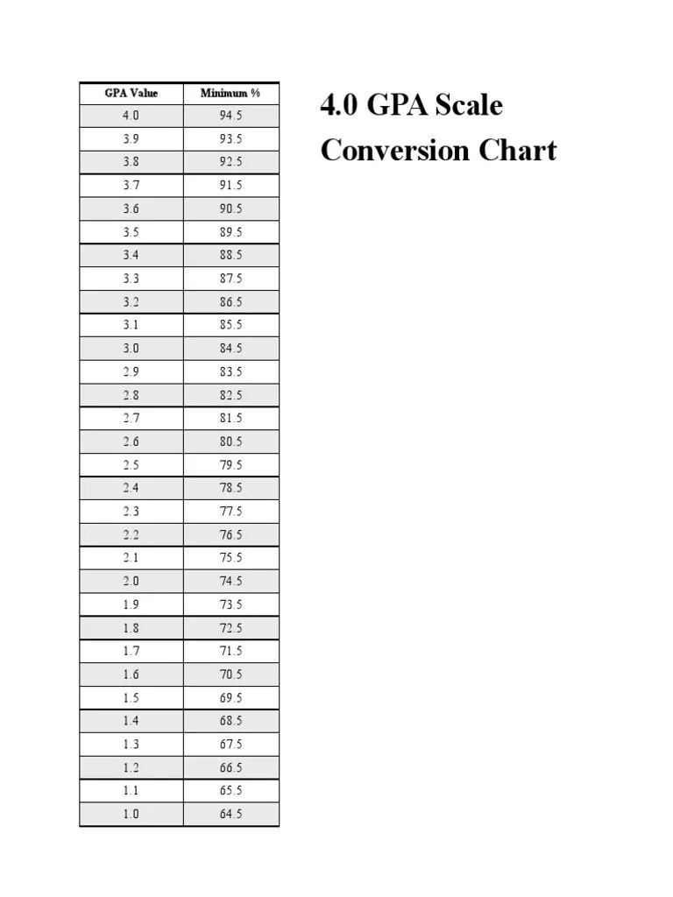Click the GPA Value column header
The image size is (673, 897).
[x=131, y=93]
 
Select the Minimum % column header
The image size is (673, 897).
[x=230, y=93]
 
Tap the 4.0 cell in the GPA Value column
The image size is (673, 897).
[x=131, y=116]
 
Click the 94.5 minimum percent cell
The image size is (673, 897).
[x=231, y=116]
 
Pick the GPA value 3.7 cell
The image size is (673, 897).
[x=131, y=186]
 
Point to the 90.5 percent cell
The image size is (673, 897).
[x=231, y=208]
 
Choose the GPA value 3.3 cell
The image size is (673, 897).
[x=131, y=279]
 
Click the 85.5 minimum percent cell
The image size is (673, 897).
[x=231, y=325]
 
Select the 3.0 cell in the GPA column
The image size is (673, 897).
[x=131, y=348]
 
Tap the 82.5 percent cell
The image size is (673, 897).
[x=231, y=395]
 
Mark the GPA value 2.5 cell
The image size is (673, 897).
[x=131, y=464]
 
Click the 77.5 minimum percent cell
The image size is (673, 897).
[x=231, y=511]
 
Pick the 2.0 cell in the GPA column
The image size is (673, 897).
[x=131, y=581]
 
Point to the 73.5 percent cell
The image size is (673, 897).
[x=231, y=604]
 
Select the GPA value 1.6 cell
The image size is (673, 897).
[x=131, y=675]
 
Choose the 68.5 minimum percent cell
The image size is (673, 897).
[x=231, y=721]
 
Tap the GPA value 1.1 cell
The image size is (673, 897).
[x=131, y=790]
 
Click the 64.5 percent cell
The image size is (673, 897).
[x=231, y=814]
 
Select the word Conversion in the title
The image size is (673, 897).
[x=393, y=151]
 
